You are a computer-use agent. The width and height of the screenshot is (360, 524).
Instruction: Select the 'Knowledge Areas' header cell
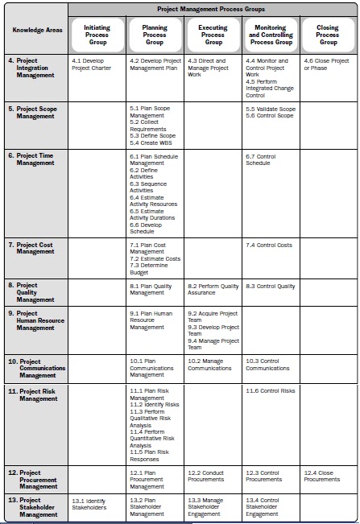tap(35, 31)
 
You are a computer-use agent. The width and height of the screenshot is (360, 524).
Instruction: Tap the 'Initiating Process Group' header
tap(97, 35)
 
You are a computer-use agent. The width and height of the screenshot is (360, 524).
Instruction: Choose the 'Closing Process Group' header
tap(327, 35)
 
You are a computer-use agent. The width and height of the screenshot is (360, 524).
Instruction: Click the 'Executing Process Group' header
tap(213, 35)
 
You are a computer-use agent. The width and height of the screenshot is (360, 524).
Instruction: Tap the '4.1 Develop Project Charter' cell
tap(93, 64)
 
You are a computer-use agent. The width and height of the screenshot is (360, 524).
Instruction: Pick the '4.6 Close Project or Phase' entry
tap(326, 64)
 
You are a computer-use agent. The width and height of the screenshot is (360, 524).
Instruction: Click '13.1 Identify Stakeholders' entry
tap(89, 505)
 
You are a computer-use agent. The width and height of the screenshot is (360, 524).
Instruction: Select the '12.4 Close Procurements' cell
tap(322, 476)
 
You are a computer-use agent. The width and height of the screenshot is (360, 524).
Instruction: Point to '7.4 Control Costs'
tap(269, 245)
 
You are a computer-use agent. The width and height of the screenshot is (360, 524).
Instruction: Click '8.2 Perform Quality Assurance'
tap(213, 289)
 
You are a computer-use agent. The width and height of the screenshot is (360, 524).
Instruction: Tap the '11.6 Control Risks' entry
tap(271, 390)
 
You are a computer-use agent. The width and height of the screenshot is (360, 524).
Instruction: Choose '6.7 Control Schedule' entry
tap(263, 159)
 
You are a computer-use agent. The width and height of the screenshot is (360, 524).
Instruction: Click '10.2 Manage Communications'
tap(210, 365)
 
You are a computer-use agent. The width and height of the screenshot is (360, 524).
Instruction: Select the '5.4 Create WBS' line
tap(150, 142)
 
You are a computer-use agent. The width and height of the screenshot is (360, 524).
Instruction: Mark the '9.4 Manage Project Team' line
tap(213, 344)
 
